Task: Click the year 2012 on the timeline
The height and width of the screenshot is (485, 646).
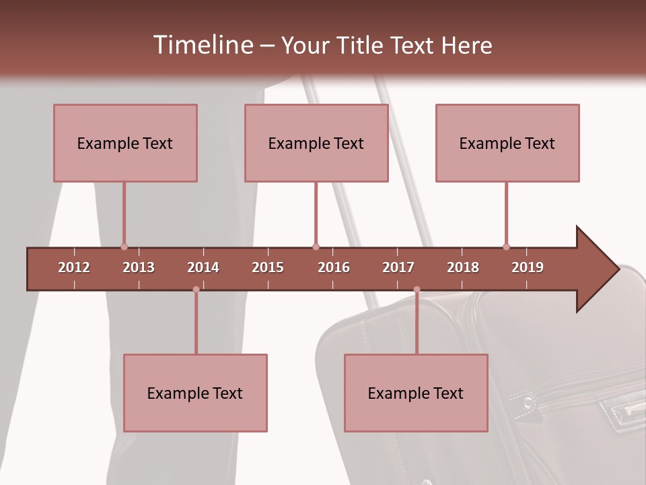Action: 74,267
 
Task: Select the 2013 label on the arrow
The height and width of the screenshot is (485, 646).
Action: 139,267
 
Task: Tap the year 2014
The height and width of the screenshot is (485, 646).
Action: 203,267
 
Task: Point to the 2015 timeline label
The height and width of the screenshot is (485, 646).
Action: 268,267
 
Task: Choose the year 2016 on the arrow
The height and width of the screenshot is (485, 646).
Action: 334,267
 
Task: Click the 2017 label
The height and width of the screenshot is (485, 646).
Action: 398,267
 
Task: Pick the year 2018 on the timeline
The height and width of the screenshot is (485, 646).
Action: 463,267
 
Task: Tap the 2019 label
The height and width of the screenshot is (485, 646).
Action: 528,267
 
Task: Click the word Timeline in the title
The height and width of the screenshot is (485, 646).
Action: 202,45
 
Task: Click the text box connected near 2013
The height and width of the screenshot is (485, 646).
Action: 125,143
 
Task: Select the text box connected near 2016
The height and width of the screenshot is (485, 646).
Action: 316,143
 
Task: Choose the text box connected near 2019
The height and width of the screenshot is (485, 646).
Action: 507,143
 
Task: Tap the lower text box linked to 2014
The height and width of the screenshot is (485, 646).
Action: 195,393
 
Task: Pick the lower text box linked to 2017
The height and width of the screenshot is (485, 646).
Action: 416,393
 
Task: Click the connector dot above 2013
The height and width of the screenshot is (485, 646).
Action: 124,247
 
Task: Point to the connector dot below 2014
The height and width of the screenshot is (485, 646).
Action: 196,289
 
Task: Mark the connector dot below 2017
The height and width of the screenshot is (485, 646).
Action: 417,289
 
